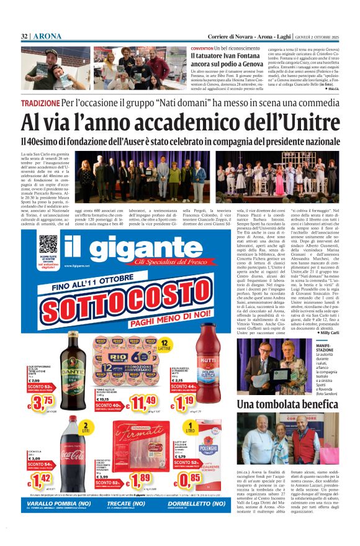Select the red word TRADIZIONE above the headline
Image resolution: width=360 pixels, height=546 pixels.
tap(40, 102)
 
